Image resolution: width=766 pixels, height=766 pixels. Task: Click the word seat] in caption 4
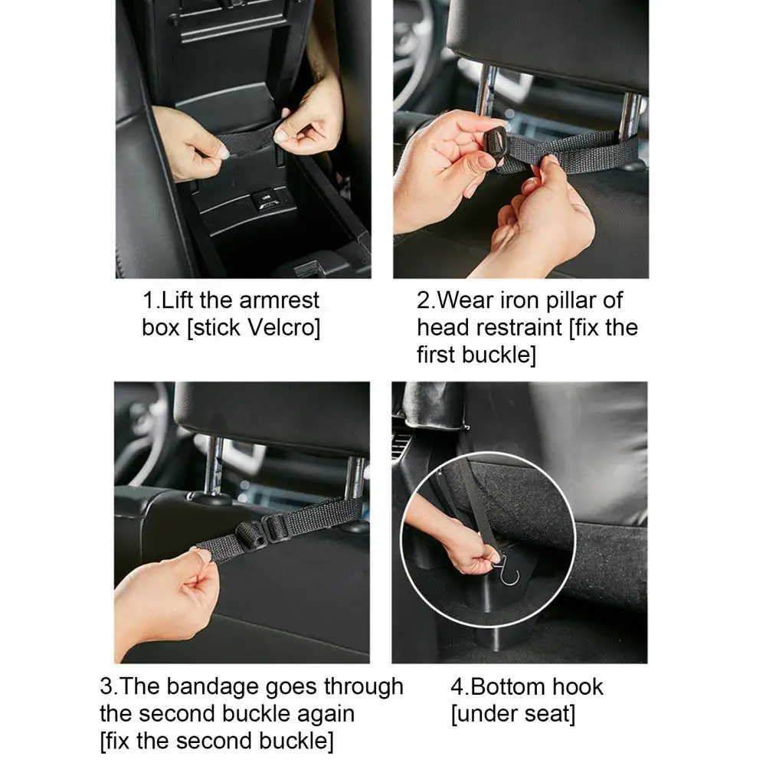click(546, 714)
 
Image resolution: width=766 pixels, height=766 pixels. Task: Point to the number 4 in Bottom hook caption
click(457, 686)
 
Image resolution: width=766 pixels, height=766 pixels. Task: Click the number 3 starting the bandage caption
click(106, 686)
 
